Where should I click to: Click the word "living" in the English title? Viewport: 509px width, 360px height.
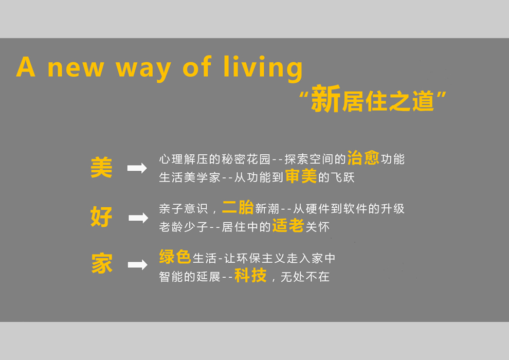click(263, 68)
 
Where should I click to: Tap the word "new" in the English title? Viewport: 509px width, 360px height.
click(76, 68)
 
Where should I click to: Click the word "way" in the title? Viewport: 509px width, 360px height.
click(143, 70)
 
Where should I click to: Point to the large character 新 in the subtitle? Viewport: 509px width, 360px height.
click(325, 98)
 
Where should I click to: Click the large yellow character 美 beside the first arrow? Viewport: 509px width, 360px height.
click(101, 167)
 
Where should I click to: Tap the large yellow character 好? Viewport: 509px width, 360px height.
click(101, 217)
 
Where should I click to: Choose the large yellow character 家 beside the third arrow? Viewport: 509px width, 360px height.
click(102, 263)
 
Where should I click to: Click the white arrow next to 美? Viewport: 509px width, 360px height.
click(137, 168)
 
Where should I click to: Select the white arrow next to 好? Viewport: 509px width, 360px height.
click(138, 218)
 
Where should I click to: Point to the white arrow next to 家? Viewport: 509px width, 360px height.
click(138, 265)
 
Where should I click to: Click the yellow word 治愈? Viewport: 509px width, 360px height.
click(363, 158)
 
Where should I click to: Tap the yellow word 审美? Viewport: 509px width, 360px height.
click(301, 176)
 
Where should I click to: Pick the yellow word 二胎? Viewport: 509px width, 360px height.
click(238, 207)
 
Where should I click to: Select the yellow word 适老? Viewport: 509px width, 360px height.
click(288, 225)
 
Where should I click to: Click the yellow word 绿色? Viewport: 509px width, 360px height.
click(175, 257)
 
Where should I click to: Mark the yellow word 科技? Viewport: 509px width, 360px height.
click(250, 275)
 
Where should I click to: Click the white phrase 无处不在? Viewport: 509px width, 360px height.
click(305, 277)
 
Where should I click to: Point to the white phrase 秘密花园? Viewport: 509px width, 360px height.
click(246, 159)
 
